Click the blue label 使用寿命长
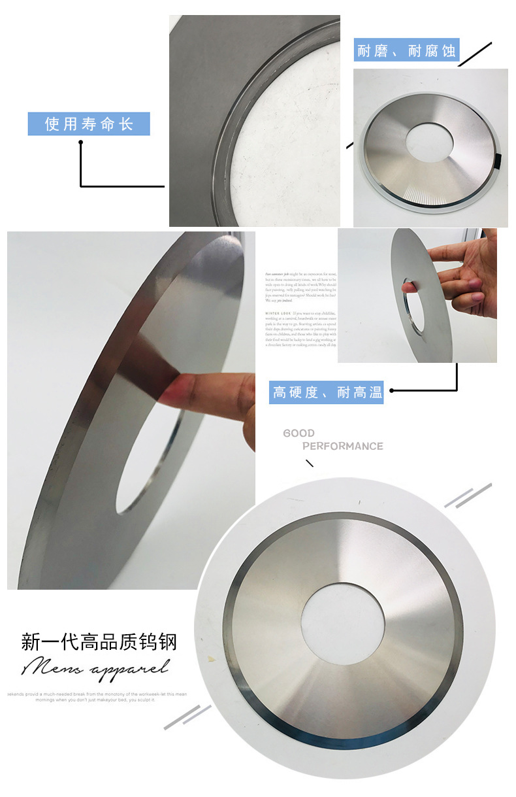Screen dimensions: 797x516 click(89, 124)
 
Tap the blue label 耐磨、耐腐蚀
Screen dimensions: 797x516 click(406, 50)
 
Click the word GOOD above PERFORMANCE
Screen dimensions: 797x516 click(298, 433)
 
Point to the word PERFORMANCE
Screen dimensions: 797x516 click(342, 446)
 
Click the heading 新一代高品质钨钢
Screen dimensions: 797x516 click(99, 641)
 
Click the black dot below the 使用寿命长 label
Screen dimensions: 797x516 click(81, 142)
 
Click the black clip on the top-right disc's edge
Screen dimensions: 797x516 click(497, 160)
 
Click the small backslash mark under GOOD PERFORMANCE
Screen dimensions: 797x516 click(310, 464)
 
